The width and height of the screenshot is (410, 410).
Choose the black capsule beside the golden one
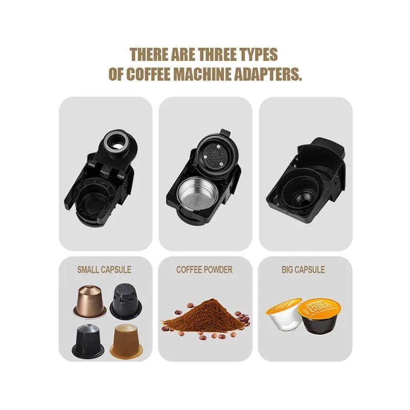click(x=88, y=341)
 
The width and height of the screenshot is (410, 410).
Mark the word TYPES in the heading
click(x=257, y=54)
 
